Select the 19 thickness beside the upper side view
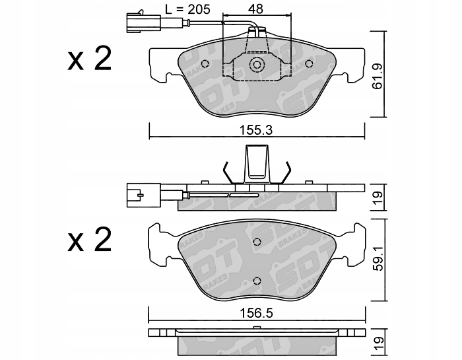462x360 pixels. (377, 196)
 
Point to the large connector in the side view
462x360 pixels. (138, 194)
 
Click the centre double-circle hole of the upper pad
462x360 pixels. (257, 65)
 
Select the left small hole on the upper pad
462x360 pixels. (205, 63)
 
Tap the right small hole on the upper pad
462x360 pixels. (309, 63)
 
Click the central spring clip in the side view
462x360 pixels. (257, 163)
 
